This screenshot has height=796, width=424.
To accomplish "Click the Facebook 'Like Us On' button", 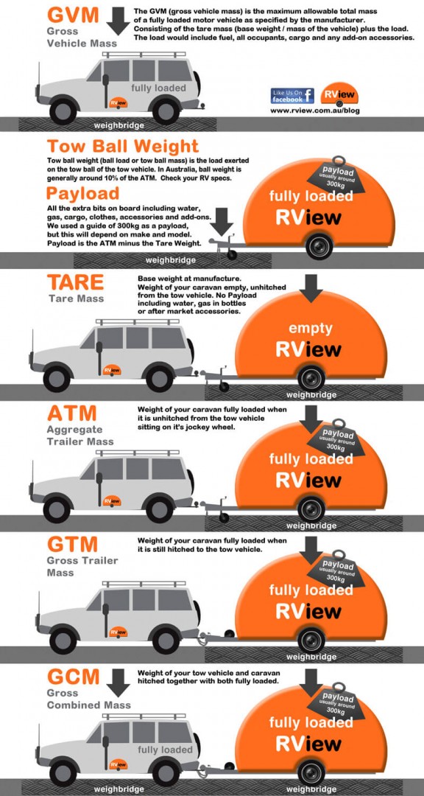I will pyautogui.click(x=292, y=95).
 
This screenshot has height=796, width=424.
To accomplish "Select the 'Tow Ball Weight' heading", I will pyautogui.click(x=122, y=146).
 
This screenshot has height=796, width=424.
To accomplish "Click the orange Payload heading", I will pyautogui.click(x=82, y=193).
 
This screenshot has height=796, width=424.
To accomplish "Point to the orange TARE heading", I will pyautogui.click(x=74, y=282).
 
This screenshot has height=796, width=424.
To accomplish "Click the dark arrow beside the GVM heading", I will pyautogui.click(x=117, y=19).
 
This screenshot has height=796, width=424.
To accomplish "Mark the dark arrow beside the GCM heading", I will pyautogui.click(x=117, y=682).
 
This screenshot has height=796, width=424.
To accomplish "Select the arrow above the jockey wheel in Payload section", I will pyautogui.click(x=225, y=220).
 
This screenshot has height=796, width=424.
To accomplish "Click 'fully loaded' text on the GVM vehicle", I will pyautogui.click(x=158, y=88).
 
